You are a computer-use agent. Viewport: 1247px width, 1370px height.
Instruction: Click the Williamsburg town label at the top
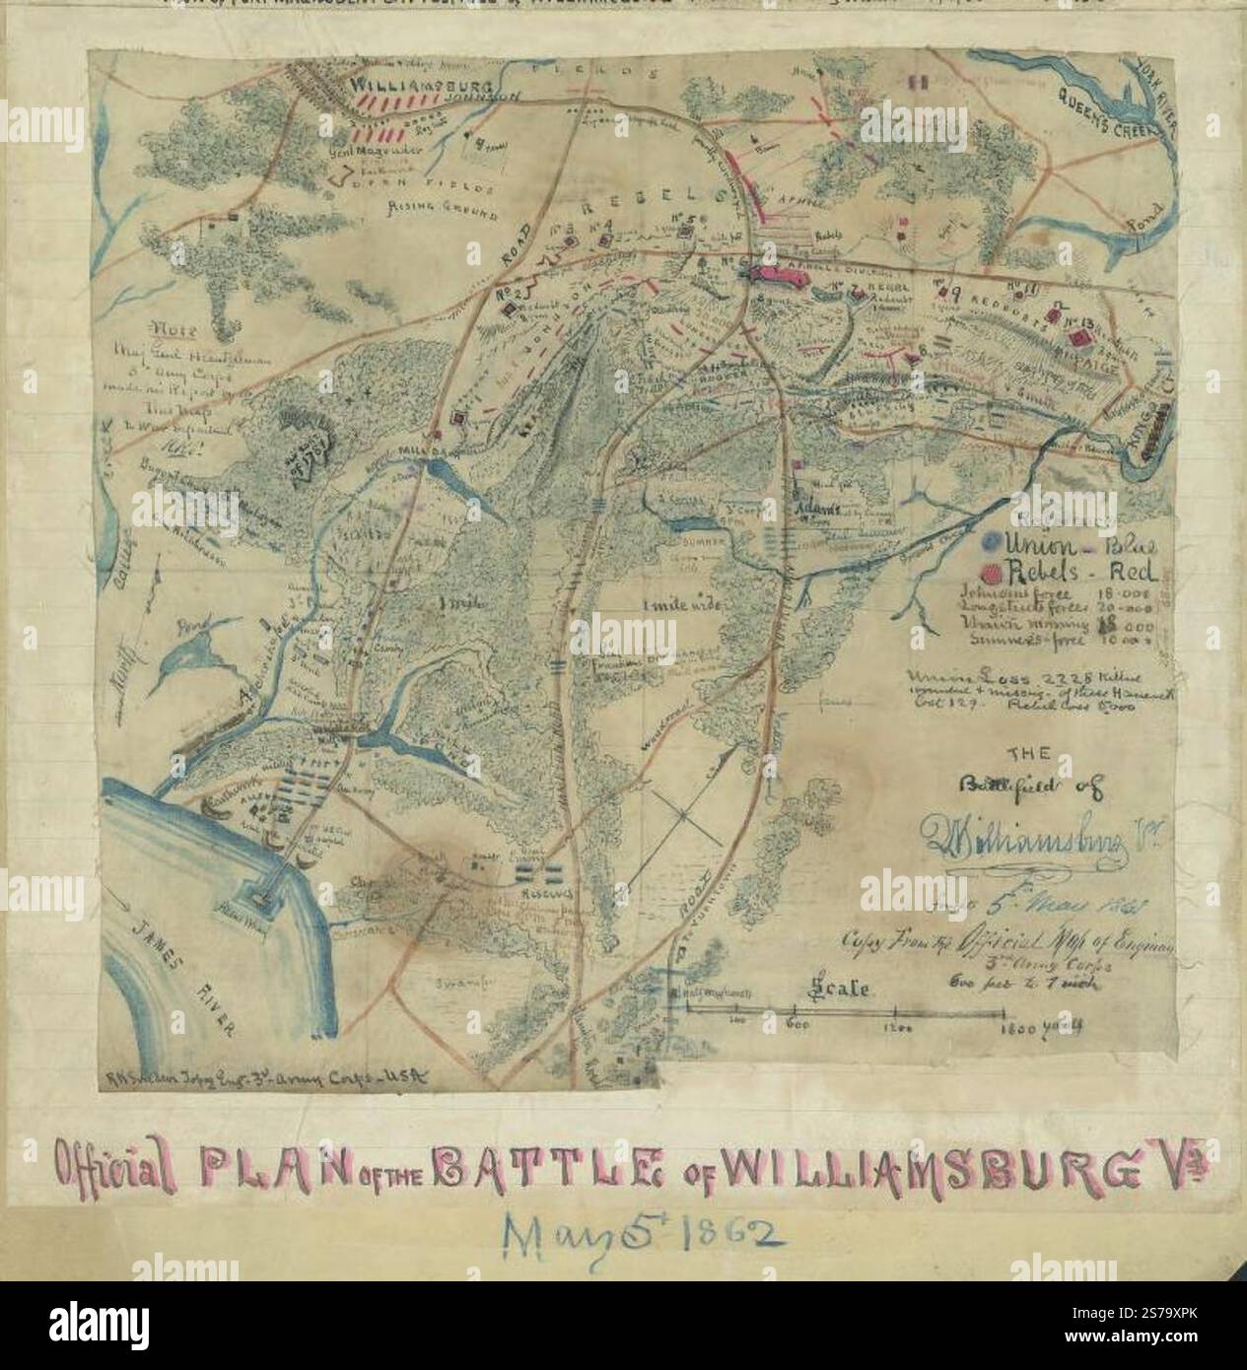[402, 87]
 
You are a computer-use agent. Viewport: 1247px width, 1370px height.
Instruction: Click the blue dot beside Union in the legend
[989, 542]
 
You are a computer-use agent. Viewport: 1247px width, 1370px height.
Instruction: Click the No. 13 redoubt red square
[1081, 338]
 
